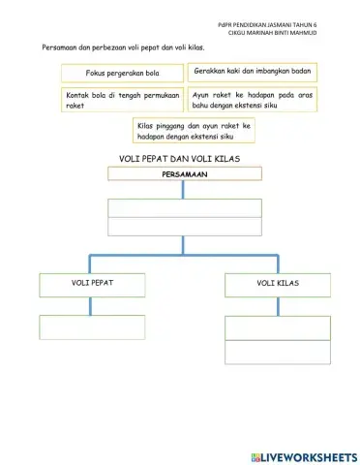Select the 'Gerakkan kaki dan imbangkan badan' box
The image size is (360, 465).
click(x=251, y=73)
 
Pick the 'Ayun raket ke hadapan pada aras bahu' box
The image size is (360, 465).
click(x=251, y=101)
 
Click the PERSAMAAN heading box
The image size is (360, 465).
click(x=184, y=174)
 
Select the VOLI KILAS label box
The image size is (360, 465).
click(x=278, y=284)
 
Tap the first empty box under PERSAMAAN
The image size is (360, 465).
click(x=184, y=207)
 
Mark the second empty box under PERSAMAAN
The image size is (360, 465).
click(x=184, y=227)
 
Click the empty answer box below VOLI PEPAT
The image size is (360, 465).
click(x=92, y=326)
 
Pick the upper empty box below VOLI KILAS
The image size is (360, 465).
click(x=278, y=326)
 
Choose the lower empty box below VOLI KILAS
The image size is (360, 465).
click(x=278, y=350)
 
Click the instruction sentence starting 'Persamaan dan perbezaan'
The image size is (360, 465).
click(x=122, y=46)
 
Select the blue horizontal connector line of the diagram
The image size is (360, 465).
click(x=184, y=256)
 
